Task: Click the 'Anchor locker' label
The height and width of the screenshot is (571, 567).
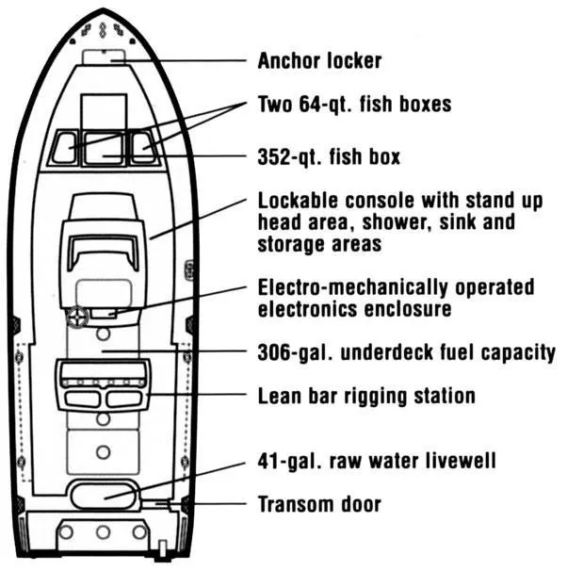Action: [319, 61]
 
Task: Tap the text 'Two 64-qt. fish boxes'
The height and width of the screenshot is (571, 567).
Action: [354, 104]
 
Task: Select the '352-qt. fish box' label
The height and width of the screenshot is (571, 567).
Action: [329, 156]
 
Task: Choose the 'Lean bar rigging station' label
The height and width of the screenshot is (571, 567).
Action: [366, 395]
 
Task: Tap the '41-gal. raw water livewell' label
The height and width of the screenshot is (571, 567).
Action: [376, 462]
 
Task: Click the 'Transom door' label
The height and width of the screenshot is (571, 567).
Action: [319, 504]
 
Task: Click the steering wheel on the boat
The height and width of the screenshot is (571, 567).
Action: [78, 318]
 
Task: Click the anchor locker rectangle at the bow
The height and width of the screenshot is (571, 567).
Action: [103, 57]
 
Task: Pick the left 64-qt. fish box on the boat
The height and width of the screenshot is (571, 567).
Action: [64, 148]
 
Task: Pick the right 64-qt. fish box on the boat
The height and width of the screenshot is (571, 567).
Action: [142, 147]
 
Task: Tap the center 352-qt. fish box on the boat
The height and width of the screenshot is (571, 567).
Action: [103, 148]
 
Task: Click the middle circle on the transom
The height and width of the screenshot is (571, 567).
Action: [103, 532]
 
